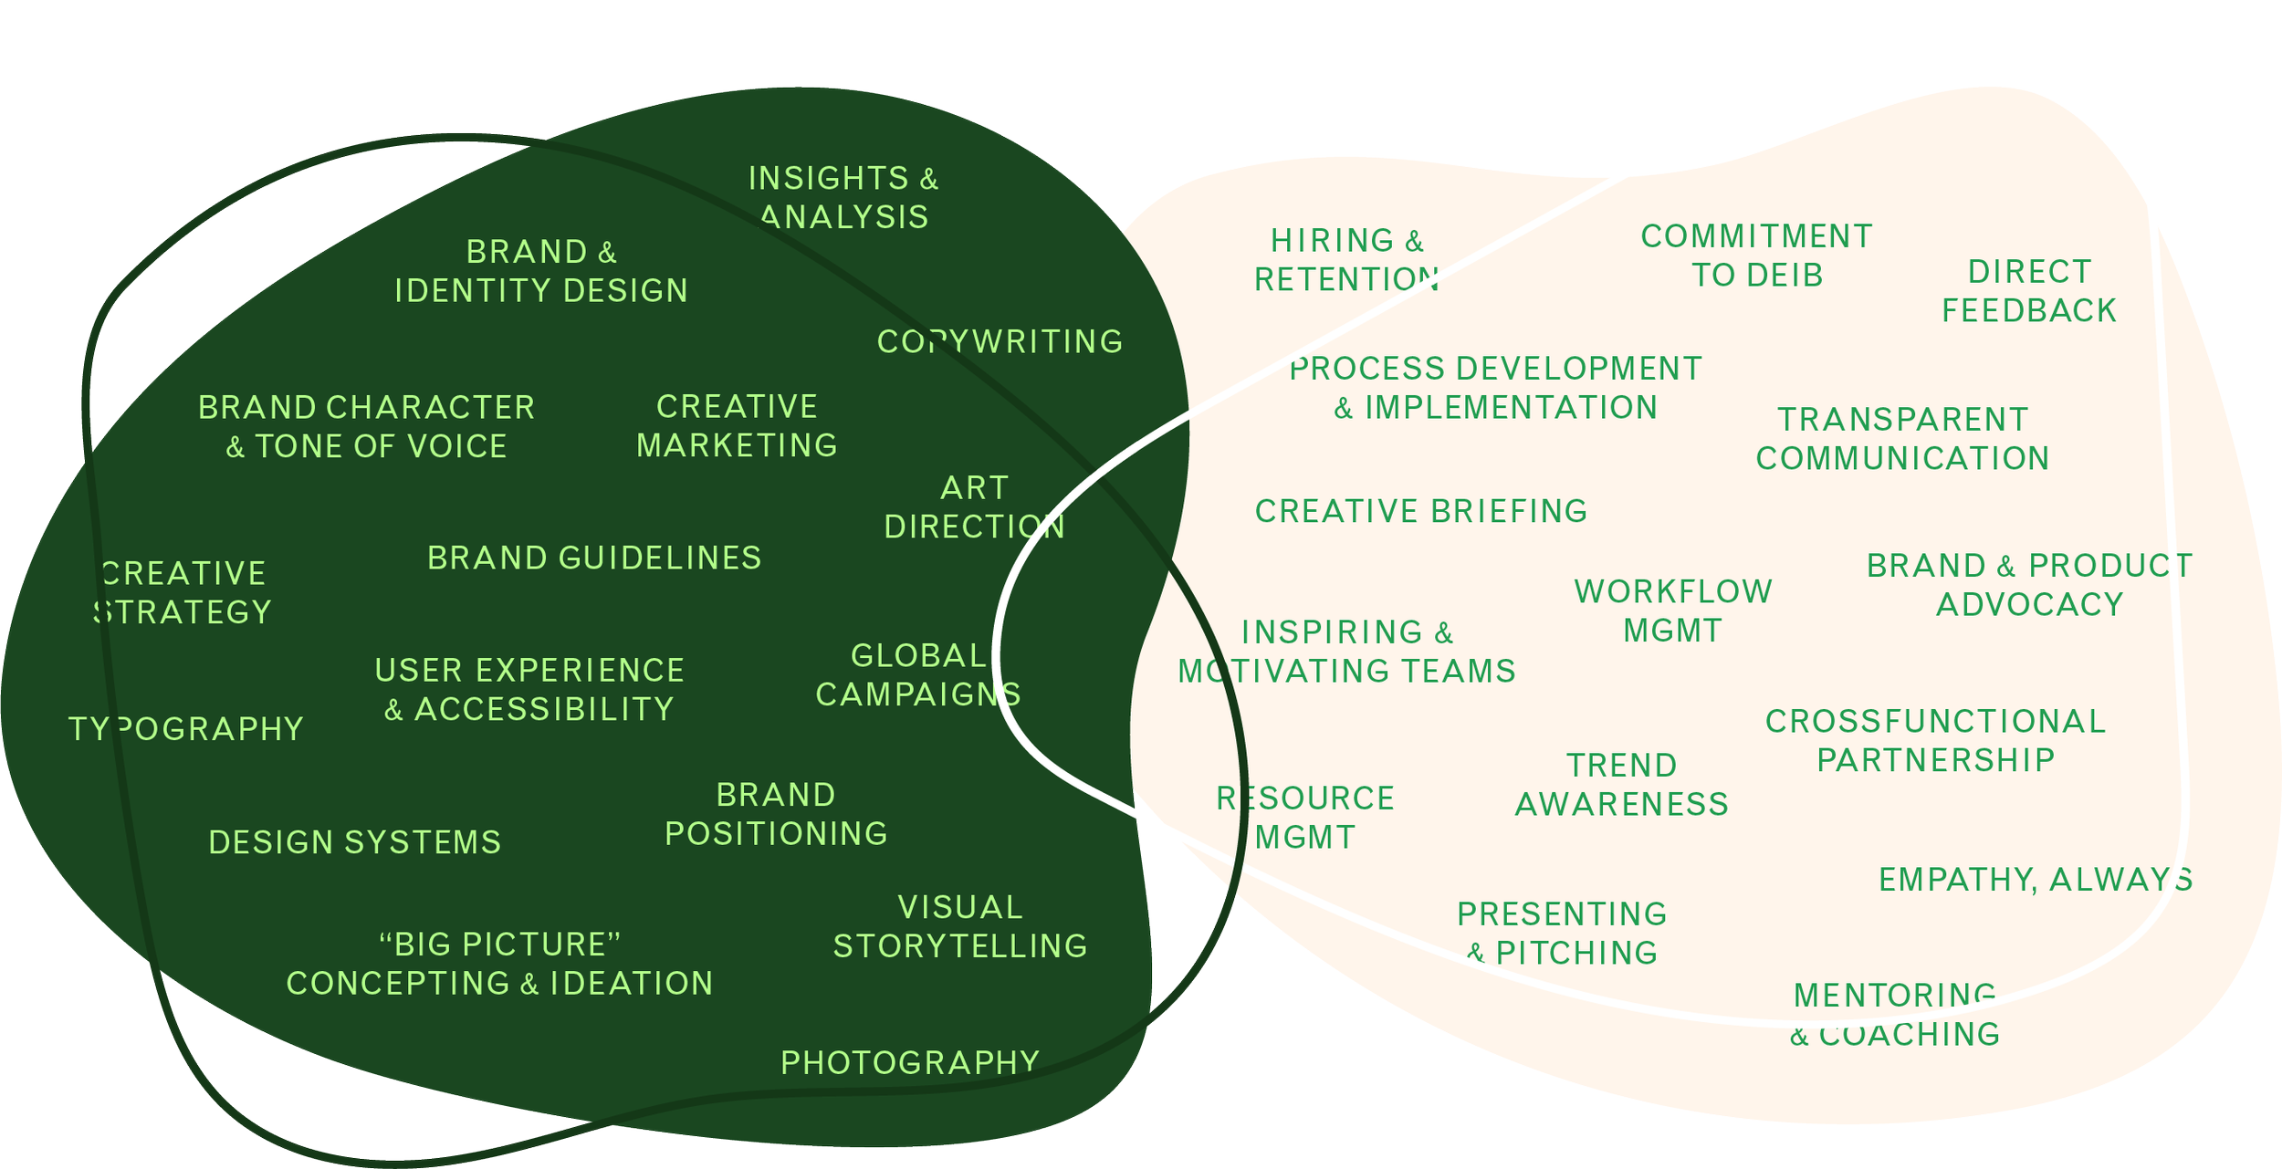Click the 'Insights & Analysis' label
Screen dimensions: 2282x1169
pyautogui.click(x=843, y=197)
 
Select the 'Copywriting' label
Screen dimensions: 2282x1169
pyautogui.click(x=1000, y=341)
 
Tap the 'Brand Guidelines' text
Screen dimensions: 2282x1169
pyautogui.click(x=594, y=558)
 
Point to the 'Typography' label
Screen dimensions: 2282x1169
pyautogui.click(x=186, y=728)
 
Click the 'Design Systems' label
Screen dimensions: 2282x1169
pyautogui.click(x=355, y=841)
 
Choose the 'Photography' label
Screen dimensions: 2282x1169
pyautogui.click(x=910, y=1062)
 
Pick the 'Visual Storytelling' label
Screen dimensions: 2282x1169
pyautogui.click(x=960, y=926)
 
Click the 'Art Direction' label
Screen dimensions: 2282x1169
pyautogui.click(x=974, y=507)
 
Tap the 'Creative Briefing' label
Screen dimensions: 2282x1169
pyautogui.click(x=1421, y=511)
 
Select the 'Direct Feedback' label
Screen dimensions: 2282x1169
pyautogui.click(x=2028, y=291)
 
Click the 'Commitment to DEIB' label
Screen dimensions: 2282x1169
pyautogui.click(x=1757, y=256)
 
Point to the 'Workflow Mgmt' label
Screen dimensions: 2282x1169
pyautogui.click(x=1673, y=611)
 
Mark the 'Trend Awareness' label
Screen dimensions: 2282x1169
pyautogui.click(x=1622, y=785)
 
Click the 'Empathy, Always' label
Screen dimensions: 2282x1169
pyautogui.click(x=2036, y=879)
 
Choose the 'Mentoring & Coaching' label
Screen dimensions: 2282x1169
pyautogui.click(x=1895, y=1015)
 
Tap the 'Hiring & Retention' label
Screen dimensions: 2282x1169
pyautogui.click(x=1347, y=260)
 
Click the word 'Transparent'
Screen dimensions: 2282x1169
pyautogui.click(x=1903, y=420)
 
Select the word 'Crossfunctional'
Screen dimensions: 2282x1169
pyautogui.click(x=1935, y=721)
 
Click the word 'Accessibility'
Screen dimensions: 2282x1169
pyautogui.click(x=544, y=709)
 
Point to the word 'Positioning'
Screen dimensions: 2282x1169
pyautogui.click(x=776, y=833)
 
